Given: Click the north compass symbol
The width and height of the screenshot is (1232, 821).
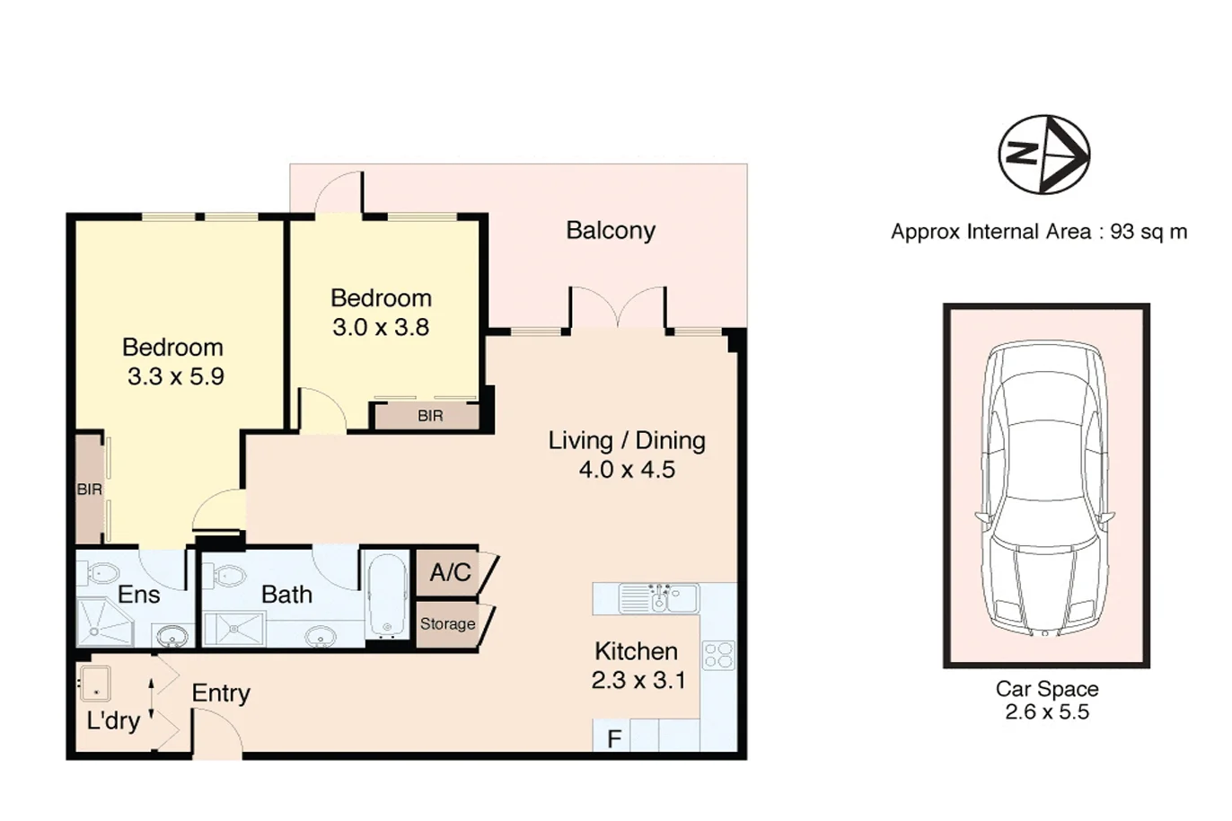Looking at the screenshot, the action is coord(1044,154).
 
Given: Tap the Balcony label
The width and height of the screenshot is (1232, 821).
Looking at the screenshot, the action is coord(611,231).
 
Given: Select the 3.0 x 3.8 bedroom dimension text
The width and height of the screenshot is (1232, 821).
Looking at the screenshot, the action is coord(381,327).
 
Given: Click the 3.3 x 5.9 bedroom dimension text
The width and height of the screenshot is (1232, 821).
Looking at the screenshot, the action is coord(175,377).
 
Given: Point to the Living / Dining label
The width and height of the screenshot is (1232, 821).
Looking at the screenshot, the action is coord(627,441).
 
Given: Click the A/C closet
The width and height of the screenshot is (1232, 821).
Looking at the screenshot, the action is coord(448,573).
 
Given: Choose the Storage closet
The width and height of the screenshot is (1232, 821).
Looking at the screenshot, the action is coord(447,624).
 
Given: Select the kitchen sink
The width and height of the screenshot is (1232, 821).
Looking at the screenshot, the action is coord(659,598).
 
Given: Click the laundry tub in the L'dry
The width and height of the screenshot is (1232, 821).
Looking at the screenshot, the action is coord(96,684).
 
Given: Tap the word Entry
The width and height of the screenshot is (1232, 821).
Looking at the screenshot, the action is coord(221,693).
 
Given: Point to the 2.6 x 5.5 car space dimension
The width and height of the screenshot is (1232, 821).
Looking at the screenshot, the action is coord(1047,712).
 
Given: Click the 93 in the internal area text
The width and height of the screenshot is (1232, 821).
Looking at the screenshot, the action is coord(1122,232).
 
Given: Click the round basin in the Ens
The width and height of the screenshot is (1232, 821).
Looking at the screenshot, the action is coord(172,638).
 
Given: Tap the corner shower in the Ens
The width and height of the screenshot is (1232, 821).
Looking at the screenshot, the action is coord(104,622).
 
